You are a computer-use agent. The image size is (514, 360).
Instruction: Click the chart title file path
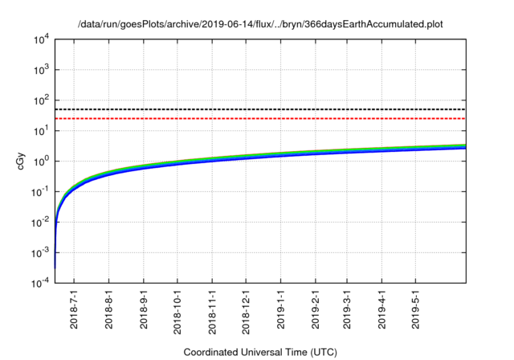[x=261, y=25]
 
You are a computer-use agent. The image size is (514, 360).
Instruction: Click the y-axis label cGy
[x=21, y=160]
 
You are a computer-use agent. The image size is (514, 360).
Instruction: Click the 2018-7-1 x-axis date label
[x=74, y=311]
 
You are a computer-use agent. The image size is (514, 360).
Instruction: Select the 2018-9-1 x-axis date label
[x=143, y=311]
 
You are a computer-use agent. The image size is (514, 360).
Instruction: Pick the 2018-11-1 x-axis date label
[x=212, y=311]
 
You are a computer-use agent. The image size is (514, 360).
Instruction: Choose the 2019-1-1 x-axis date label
[x=281, y=311]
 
